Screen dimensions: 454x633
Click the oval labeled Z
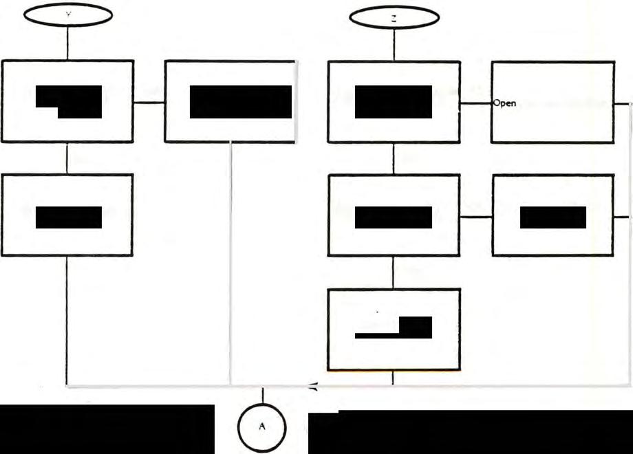(394, 19)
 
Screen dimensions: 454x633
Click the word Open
(504, 104)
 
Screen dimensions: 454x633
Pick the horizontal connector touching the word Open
(475, 104)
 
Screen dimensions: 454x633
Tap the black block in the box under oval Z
(394, 102)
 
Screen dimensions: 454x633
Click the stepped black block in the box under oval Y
(69, 101)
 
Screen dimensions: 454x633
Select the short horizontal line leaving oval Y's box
(149, 102)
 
